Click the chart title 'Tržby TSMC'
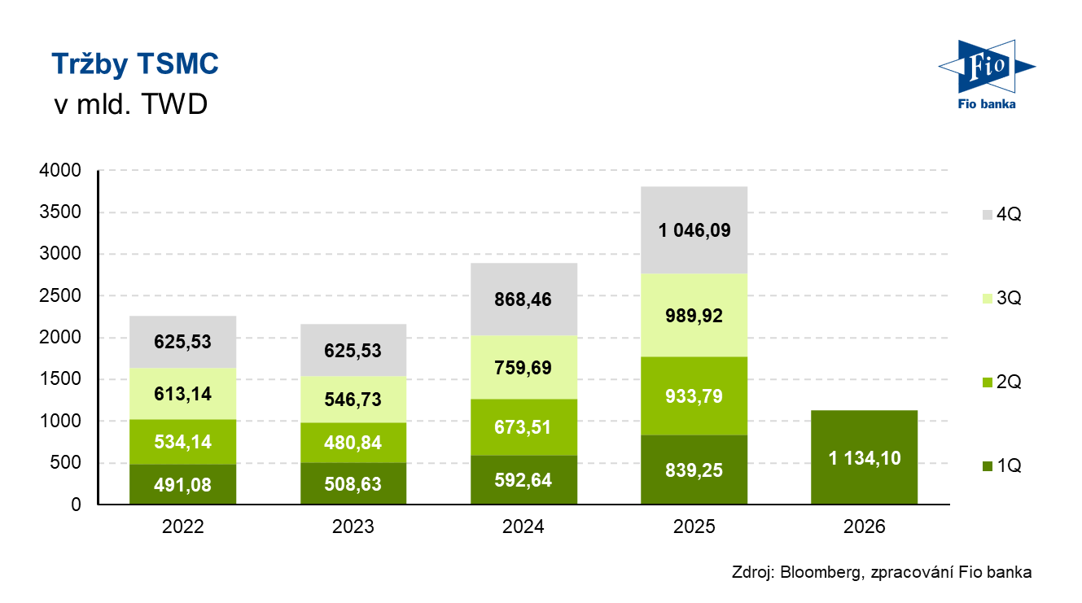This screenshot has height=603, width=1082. tap(134, 64)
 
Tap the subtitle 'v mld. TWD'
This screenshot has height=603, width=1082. tap(129, 106)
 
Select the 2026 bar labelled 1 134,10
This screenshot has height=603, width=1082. tap(864, 457)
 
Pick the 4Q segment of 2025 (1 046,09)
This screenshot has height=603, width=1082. tap(694, 230)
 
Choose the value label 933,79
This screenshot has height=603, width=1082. tap(694, 396)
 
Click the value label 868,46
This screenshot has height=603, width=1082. tap(523, 299)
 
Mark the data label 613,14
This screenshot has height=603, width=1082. tap(183, 393)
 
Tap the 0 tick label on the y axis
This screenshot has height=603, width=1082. tap(77, 505)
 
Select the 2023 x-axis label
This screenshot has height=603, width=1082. tap(353, 527)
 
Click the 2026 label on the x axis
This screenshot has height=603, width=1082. tap(864, 527)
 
